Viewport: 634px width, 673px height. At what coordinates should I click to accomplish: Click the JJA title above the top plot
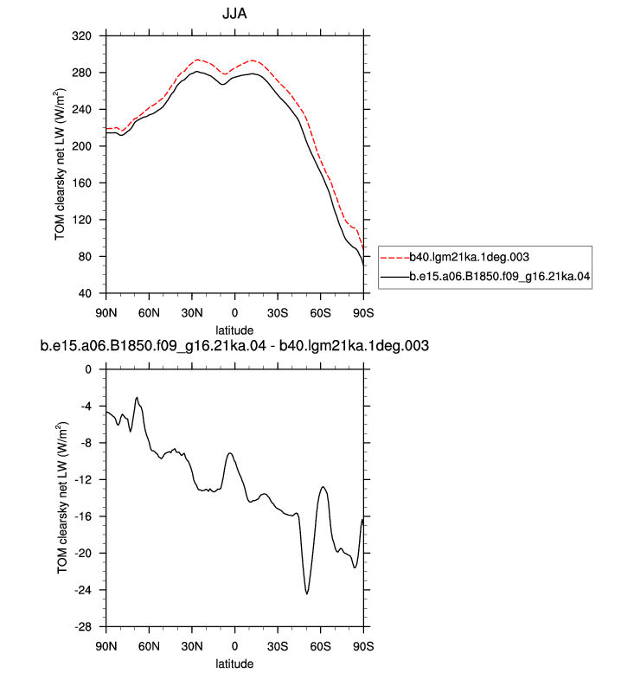pos(234,14)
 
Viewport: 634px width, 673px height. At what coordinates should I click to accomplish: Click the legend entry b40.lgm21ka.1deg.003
pos(469,257)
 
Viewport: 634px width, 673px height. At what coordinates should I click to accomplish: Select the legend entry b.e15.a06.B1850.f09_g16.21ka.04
pos(500,276)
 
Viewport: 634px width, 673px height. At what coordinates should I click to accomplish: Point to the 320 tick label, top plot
pos(81,36)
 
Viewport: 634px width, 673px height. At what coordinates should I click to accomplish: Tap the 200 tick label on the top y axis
pos(81,146)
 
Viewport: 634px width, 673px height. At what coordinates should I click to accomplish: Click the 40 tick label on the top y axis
pos(85,293)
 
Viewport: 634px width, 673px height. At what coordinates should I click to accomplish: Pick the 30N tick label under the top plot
pos(192,313)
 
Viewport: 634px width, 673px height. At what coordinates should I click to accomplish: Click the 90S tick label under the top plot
pos(363,313)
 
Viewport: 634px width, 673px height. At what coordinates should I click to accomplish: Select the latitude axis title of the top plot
pos(234,330)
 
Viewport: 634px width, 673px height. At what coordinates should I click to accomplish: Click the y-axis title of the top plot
pos(60,164)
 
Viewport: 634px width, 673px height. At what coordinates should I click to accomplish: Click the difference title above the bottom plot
pos(234,345)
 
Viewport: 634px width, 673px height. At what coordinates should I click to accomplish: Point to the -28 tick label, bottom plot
pos(83,627)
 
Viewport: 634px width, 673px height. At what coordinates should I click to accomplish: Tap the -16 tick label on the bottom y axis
pos(83,516)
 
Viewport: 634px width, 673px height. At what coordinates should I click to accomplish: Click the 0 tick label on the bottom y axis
pos(88,369)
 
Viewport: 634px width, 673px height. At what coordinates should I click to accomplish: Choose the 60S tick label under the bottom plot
pos(320,646)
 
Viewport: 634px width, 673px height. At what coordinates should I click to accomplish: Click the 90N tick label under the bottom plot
pos(106,646)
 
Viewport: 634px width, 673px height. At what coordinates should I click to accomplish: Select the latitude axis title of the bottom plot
pos(234,663)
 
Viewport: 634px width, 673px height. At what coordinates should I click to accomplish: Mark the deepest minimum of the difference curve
pos(307,593)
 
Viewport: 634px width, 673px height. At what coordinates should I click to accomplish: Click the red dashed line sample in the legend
pos(395,258)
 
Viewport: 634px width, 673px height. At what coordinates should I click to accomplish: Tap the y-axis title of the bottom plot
pos(61,498)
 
